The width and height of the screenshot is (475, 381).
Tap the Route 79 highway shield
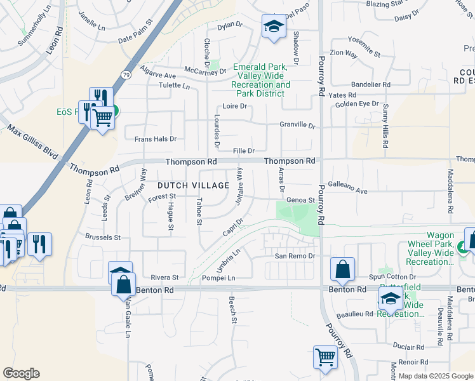pyautogui.click(x=126, y=76)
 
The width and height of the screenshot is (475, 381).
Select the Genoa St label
pyautogui.click(x=301, y=200)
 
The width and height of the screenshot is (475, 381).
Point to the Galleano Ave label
pyautogui.click(x=347, y=190)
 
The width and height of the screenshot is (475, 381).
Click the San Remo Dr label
pyautogui.click(x=295, y=256)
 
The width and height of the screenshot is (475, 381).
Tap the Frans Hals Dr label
pyautogui.click(x=155, y=138)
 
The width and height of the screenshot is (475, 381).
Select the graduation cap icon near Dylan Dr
pyautogui.click(x=274, y=26)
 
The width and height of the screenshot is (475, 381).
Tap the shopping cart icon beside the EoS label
pyautogui.click(x=102, y=116)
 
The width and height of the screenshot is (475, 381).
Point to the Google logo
pyautogui.click(x=21, y=373)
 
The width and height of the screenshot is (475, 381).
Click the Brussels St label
pyautogui.click(x=102, y=237)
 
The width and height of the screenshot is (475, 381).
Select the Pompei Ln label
pyautogui.click(x=218, y=278)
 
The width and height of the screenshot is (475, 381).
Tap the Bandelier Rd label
pyautogui.click(x=371, y=84)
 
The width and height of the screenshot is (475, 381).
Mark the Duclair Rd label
pyautogui.click(x=408, y=347)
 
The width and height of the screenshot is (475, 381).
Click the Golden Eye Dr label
pyautogui.click(x=356, y=104)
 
